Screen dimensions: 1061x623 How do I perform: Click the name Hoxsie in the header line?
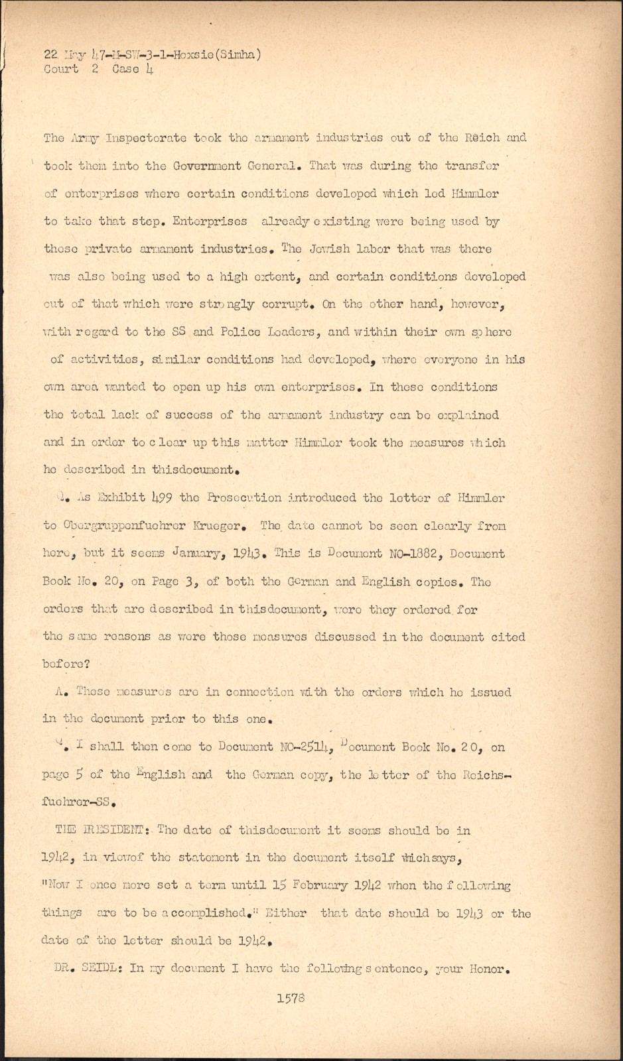192,56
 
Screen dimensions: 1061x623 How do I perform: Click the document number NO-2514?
307,747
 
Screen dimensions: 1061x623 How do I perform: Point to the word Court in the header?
60,69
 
